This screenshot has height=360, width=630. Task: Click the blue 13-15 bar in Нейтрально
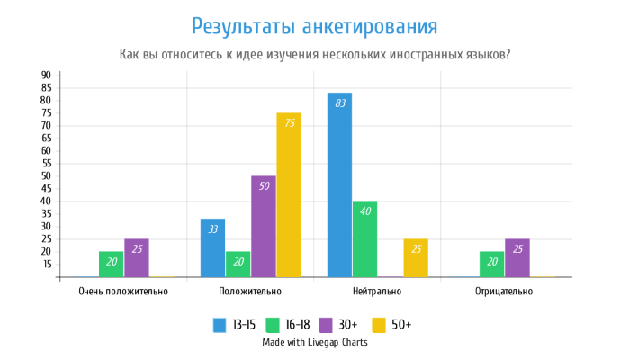point(339,184)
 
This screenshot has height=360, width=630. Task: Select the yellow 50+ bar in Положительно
point(289,194)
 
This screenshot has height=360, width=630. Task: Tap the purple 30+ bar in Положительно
point(264,226)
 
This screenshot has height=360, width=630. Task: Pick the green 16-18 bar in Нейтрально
point(364,238)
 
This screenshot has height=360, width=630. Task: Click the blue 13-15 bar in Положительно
point(213,247)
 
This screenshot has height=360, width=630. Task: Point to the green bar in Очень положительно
point(112,264)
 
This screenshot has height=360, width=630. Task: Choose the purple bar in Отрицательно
point(517,257)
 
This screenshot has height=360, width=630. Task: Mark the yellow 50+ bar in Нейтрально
point(415,257)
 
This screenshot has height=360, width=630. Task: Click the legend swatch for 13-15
point(220,324)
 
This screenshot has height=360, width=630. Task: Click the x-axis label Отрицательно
point(503,292)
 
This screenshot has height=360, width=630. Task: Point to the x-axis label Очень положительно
point(123,292)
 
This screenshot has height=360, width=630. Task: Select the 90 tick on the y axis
point(45,75)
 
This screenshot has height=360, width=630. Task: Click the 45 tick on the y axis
point(45,188)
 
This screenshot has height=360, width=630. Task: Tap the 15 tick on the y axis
point(45,264)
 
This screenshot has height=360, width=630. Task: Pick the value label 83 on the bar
point(339,103)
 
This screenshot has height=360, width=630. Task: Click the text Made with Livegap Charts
point(315,342)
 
